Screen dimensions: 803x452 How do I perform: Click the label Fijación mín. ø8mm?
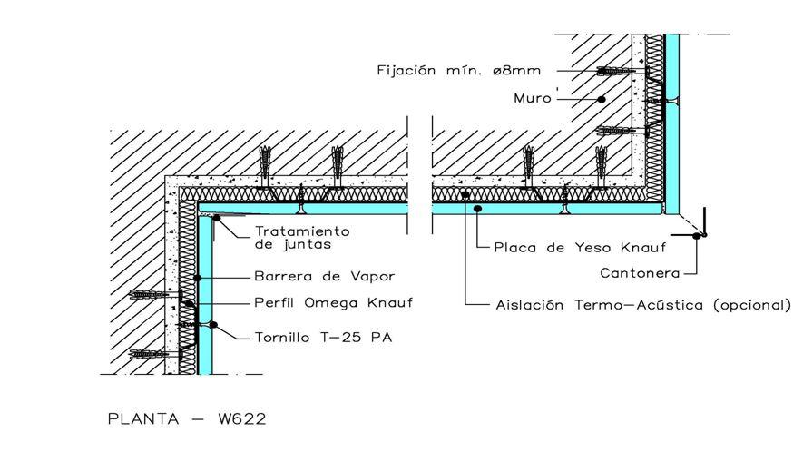point(459,70)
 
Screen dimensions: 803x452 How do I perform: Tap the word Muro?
point(533,98)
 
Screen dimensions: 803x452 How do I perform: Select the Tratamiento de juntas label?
point(302,238)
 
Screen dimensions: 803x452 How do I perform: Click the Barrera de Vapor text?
point(325,277)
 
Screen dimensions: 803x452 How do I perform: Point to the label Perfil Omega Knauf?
point(333,303)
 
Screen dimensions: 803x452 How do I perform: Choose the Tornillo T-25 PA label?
point(324,338)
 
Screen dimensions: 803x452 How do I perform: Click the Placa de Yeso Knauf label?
point(580,248)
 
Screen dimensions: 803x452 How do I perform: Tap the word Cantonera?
point(641,273)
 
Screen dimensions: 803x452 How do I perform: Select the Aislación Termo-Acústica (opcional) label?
point(643,306)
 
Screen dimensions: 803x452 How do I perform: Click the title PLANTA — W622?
point(187,418)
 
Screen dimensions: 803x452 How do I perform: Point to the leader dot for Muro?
point(602,99)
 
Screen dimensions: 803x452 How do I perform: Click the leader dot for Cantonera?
point(697,236)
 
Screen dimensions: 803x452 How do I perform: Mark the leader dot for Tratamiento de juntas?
point(217,219)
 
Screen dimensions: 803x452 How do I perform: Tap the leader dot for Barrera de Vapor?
point(197,278)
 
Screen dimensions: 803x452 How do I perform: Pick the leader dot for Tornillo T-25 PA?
point(213,324)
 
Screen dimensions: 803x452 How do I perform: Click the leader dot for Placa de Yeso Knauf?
point(477,209)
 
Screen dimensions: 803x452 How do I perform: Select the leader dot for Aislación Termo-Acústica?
point(465,195)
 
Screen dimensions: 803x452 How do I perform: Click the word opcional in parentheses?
point(752,306)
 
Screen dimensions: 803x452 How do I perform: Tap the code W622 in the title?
point(242,418)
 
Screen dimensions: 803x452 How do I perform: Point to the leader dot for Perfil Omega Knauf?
point(189,303)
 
